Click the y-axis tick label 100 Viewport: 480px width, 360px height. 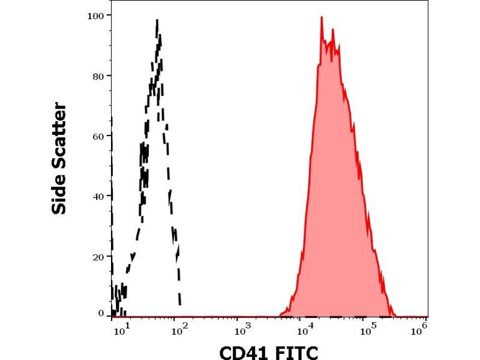point(95,15)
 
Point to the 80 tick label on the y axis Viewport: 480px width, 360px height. point(97,76)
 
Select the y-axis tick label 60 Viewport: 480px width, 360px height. point(97,136)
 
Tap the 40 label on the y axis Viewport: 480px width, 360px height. point(97,196)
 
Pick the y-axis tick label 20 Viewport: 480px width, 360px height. point(97,256)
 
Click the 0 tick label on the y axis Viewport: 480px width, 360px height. point(101,313)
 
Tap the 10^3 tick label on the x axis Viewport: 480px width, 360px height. point(241,328)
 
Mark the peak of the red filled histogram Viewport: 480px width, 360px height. point(322,17)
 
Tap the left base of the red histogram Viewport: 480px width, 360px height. point(280,314)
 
